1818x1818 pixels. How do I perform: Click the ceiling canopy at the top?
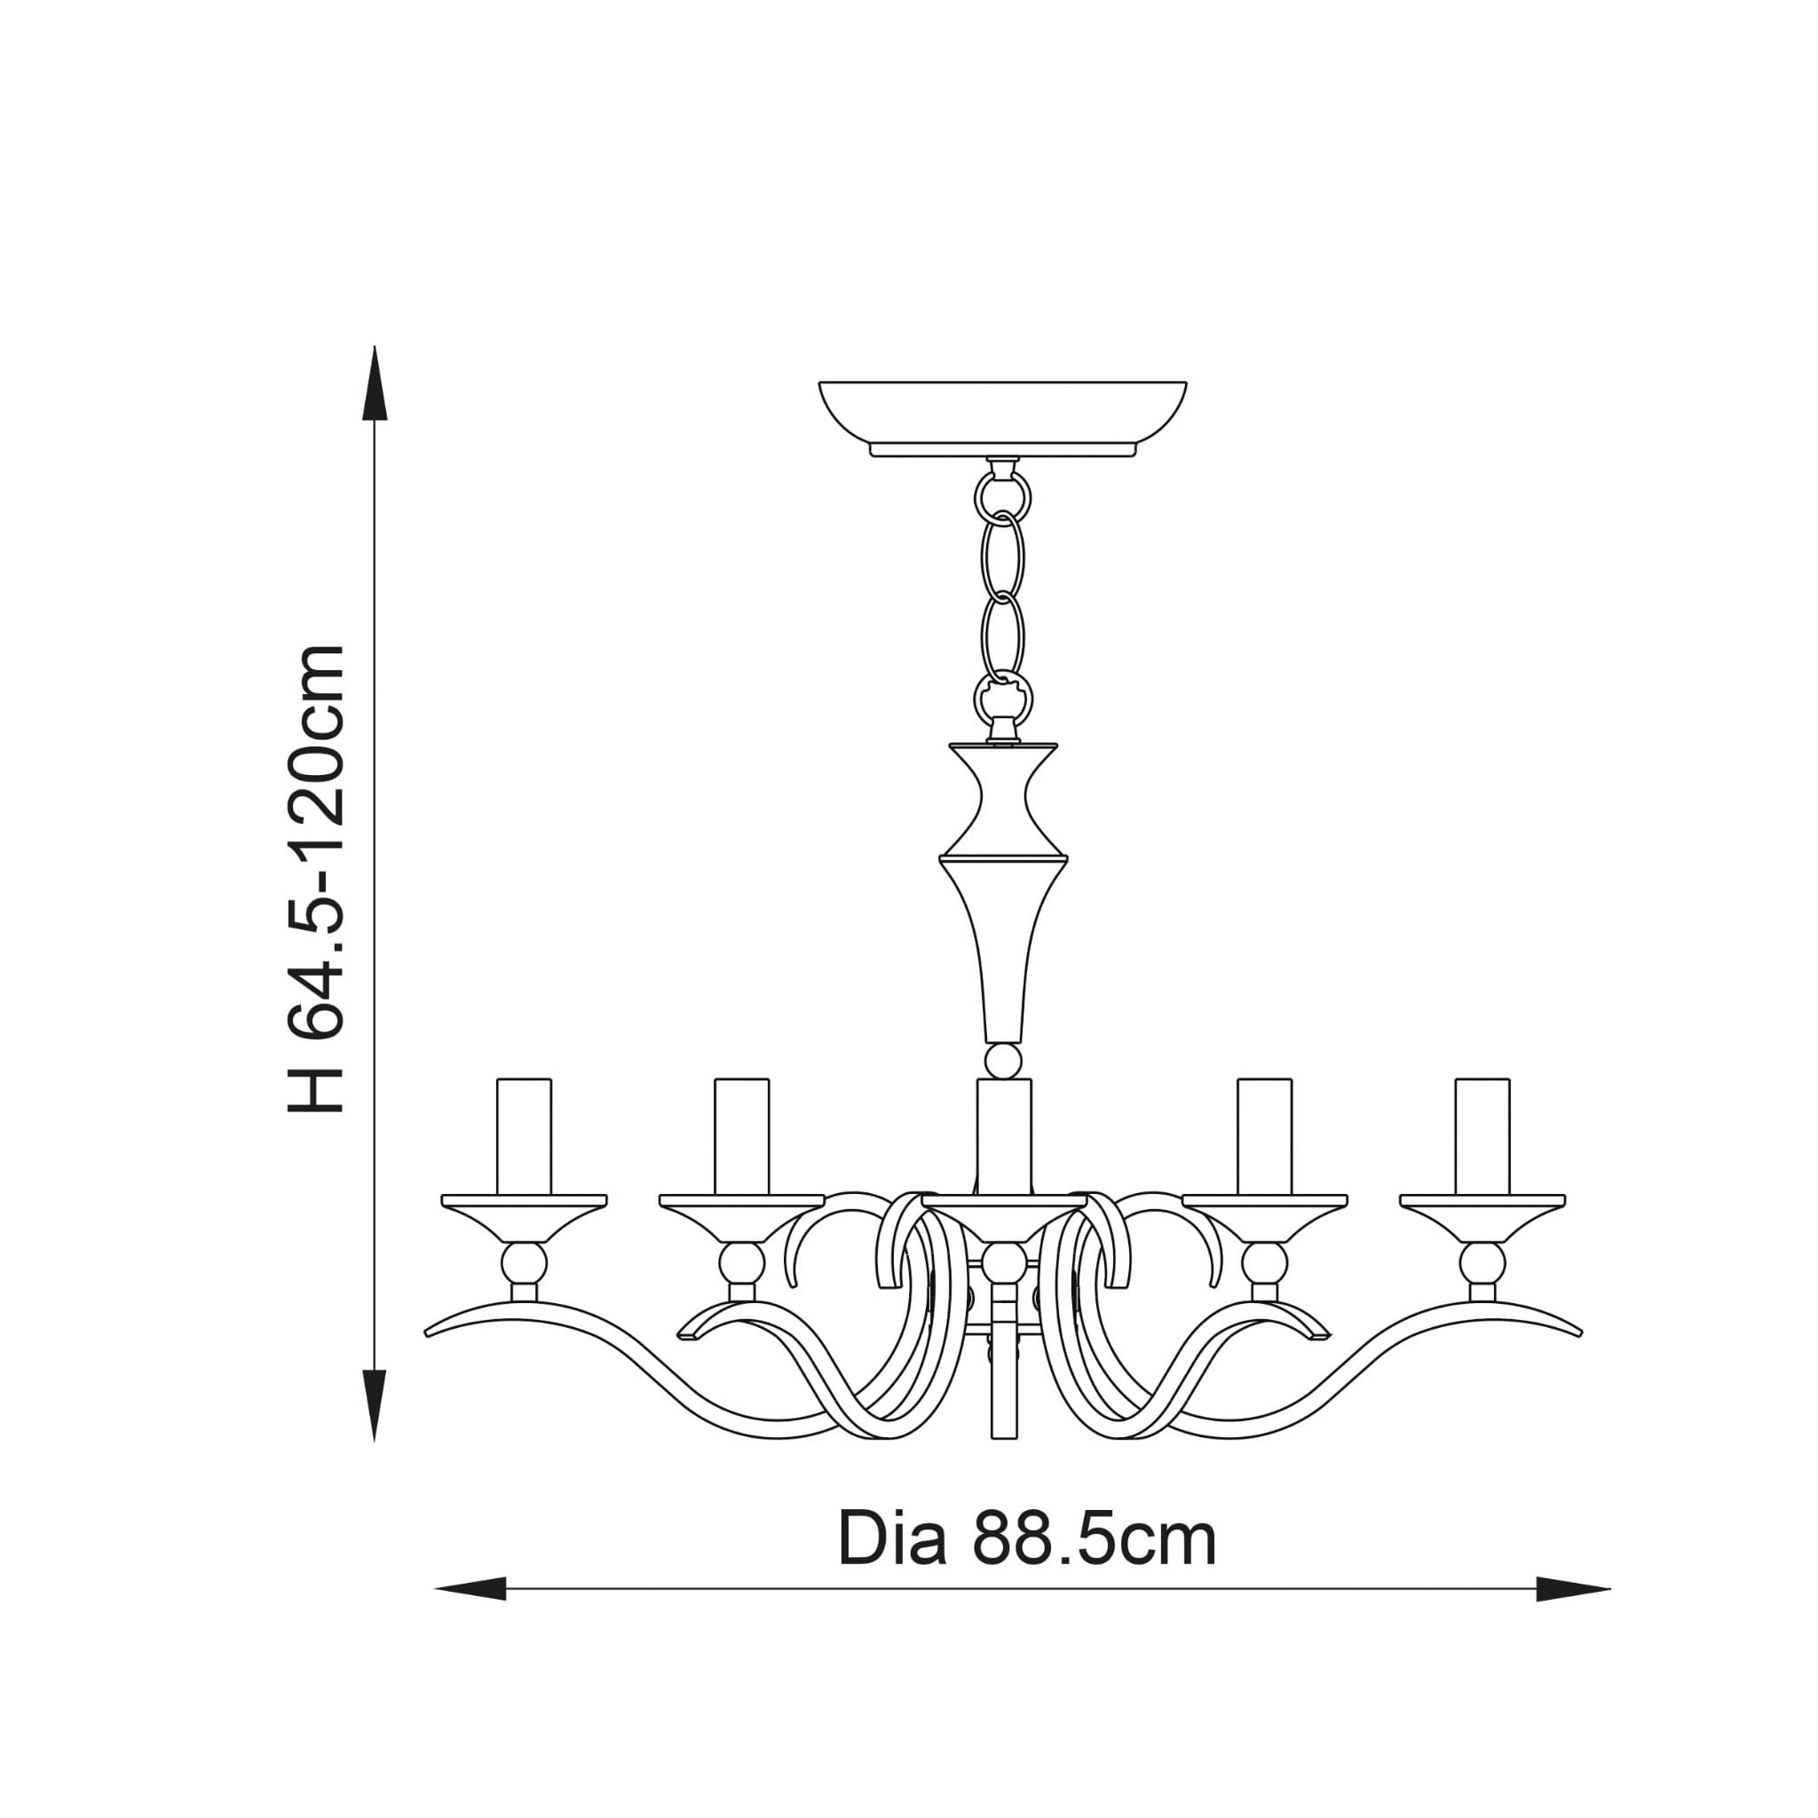[x=1002, y=419]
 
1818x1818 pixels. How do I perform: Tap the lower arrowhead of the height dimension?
[x=375, y=1405]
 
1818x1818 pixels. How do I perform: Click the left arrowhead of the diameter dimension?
[x=470, y=1589]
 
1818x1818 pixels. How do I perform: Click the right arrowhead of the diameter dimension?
[x=1573, y=1589]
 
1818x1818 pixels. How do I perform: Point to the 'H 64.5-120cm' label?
[x=316, y=879]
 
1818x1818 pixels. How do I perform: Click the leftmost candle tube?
[x=524, y=1135]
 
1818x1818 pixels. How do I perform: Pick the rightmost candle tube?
[x=1482, y=1135]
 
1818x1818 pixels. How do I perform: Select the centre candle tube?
[x=1004, y=1135]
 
